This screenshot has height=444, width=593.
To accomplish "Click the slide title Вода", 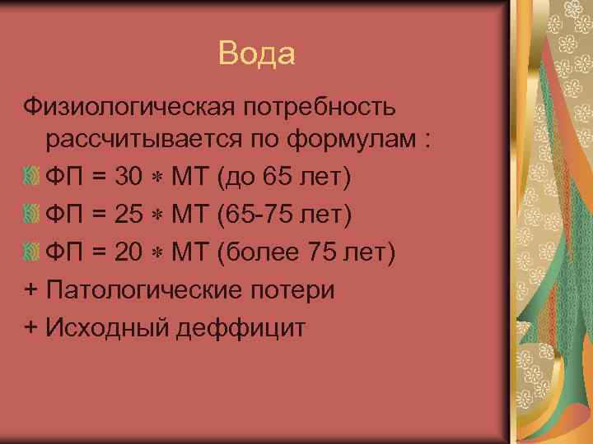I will click(257, 54).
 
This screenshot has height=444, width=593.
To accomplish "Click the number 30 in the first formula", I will click(130, 177).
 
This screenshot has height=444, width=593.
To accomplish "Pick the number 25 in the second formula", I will click(130, 215).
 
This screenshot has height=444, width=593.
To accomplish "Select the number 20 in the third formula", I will click(130, 253).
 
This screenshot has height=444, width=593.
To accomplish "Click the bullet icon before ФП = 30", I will click(31, 177).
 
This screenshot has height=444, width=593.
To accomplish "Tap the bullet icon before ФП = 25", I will click(31, 215).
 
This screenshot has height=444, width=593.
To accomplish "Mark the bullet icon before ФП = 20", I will click(31, 253).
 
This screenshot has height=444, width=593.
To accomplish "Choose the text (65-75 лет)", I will click(284, 215).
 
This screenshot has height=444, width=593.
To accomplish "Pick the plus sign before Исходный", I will click(31, 328).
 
